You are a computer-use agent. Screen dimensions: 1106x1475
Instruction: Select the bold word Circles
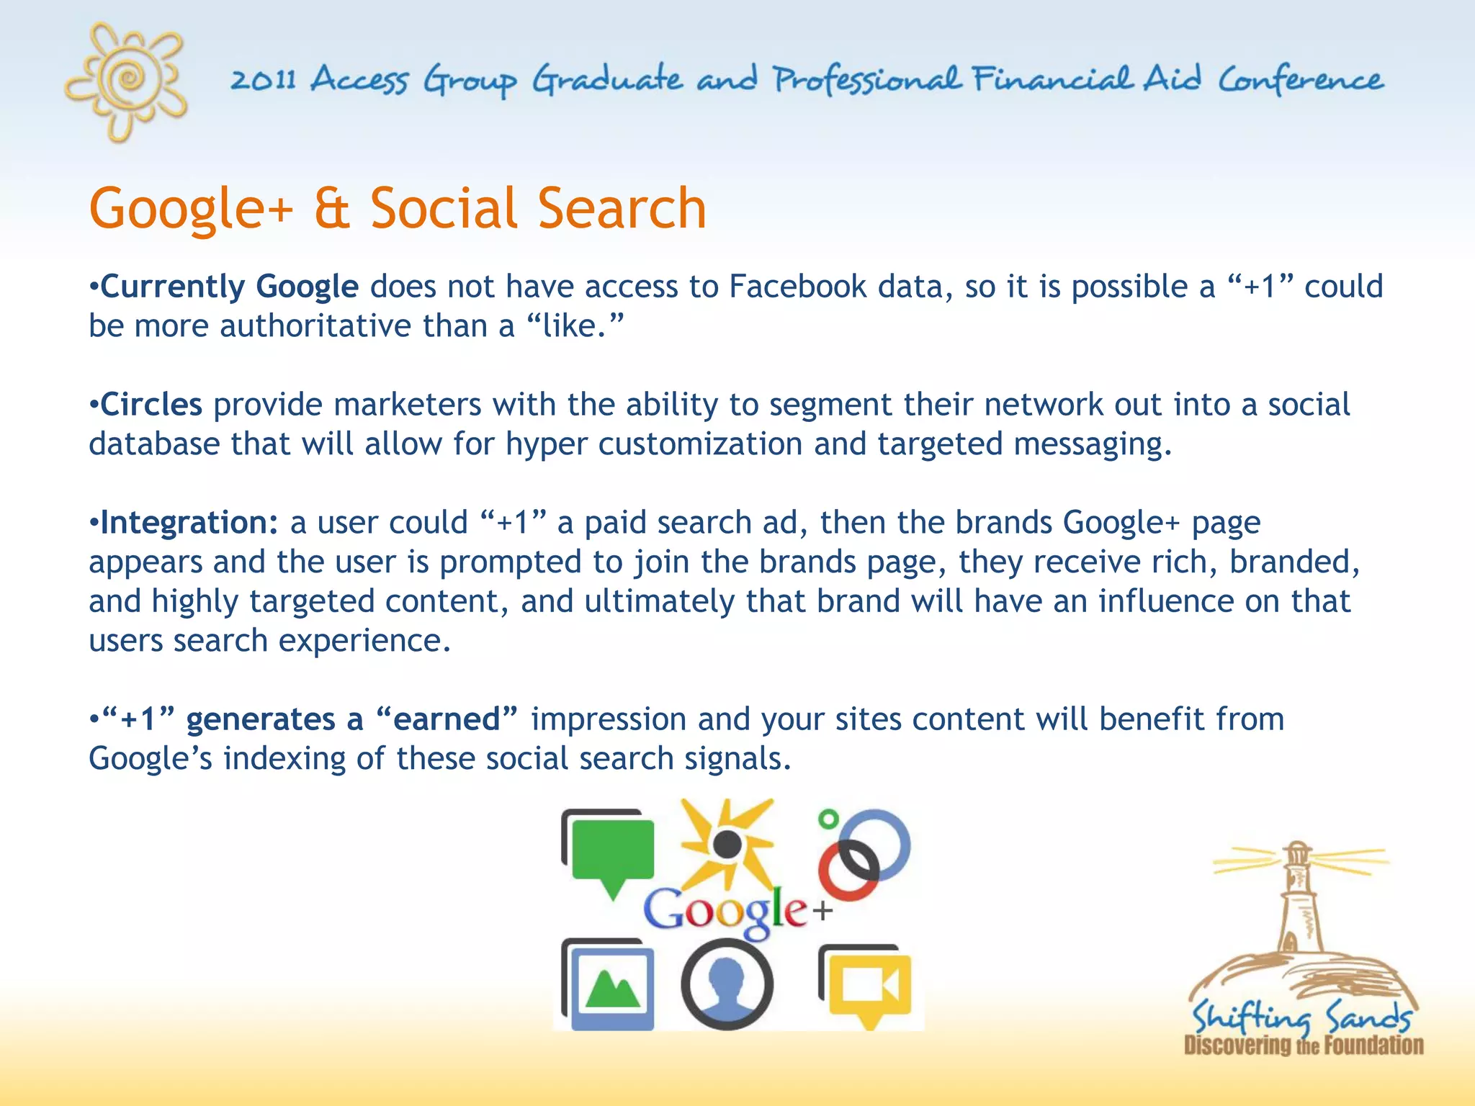tap(151, 405)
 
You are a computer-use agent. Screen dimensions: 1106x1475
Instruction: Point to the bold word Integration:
tap(189, 523)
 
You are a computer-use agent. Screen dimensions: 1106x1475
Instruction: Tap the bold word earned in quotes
tap(447, 719)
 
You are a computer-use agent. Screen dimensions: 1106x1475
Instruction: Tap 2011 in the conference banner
tap(263, 78)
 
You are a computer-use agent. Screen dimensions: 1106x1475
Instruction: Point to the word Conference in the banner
tap(1301, 80)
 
